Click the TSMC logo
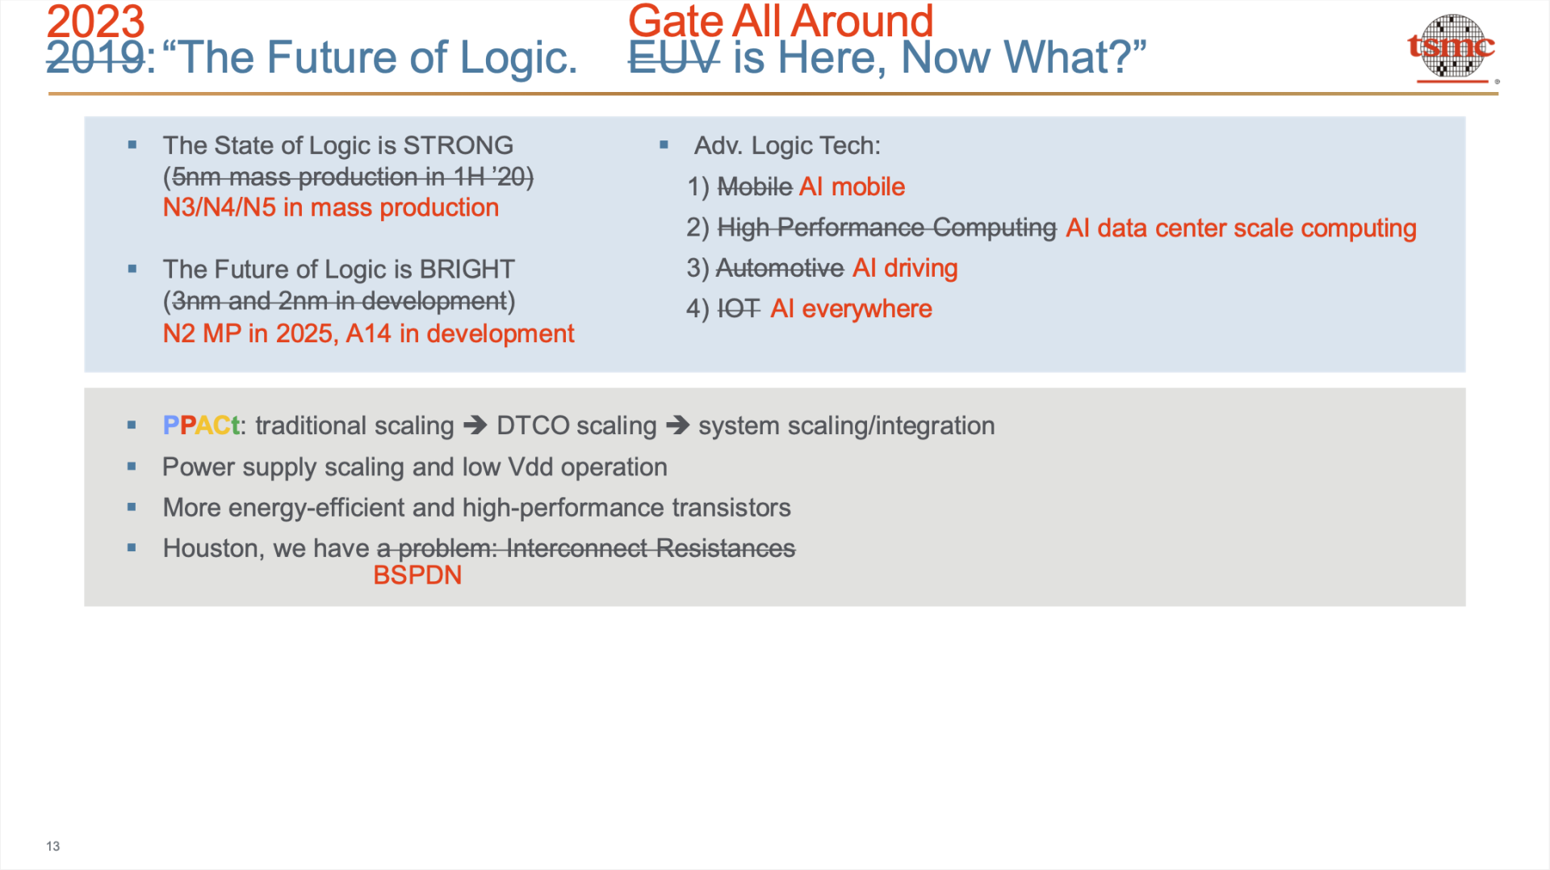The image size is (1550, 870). (x=1452, y=48)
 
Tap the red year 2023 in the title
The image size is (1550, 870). (x=95, y=21)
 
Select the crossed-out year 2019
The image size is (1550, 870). (x=95, y=57)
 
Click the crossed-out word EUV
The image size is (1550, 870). (x=674, y=57)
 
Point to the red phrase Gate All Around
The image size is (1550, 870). (x=781, y=21)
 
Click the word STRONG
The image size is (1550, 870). (x=458, y=145)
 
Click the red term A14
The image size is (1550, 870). (x=368, y=333)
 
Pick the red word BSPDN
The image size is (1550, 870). (x=417, y=575)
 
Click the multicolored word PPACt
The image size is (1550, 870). (x=201, y=425)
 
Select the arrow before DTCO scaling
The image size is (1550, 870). (x=475, y=425)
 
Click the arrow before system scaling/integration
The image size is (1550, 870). (x=677, y=425)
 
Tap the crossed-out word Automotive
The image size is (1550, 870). (x=780, y=268)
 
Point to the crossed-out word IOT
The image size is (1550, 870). (x=739, y=308)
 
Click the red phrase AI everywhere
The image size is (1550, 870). (x=851, y=308)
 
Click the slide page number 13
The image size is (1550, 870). (x=53, y=846)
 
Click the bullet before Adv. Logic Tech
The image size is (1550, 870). (x=664, y=145)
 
